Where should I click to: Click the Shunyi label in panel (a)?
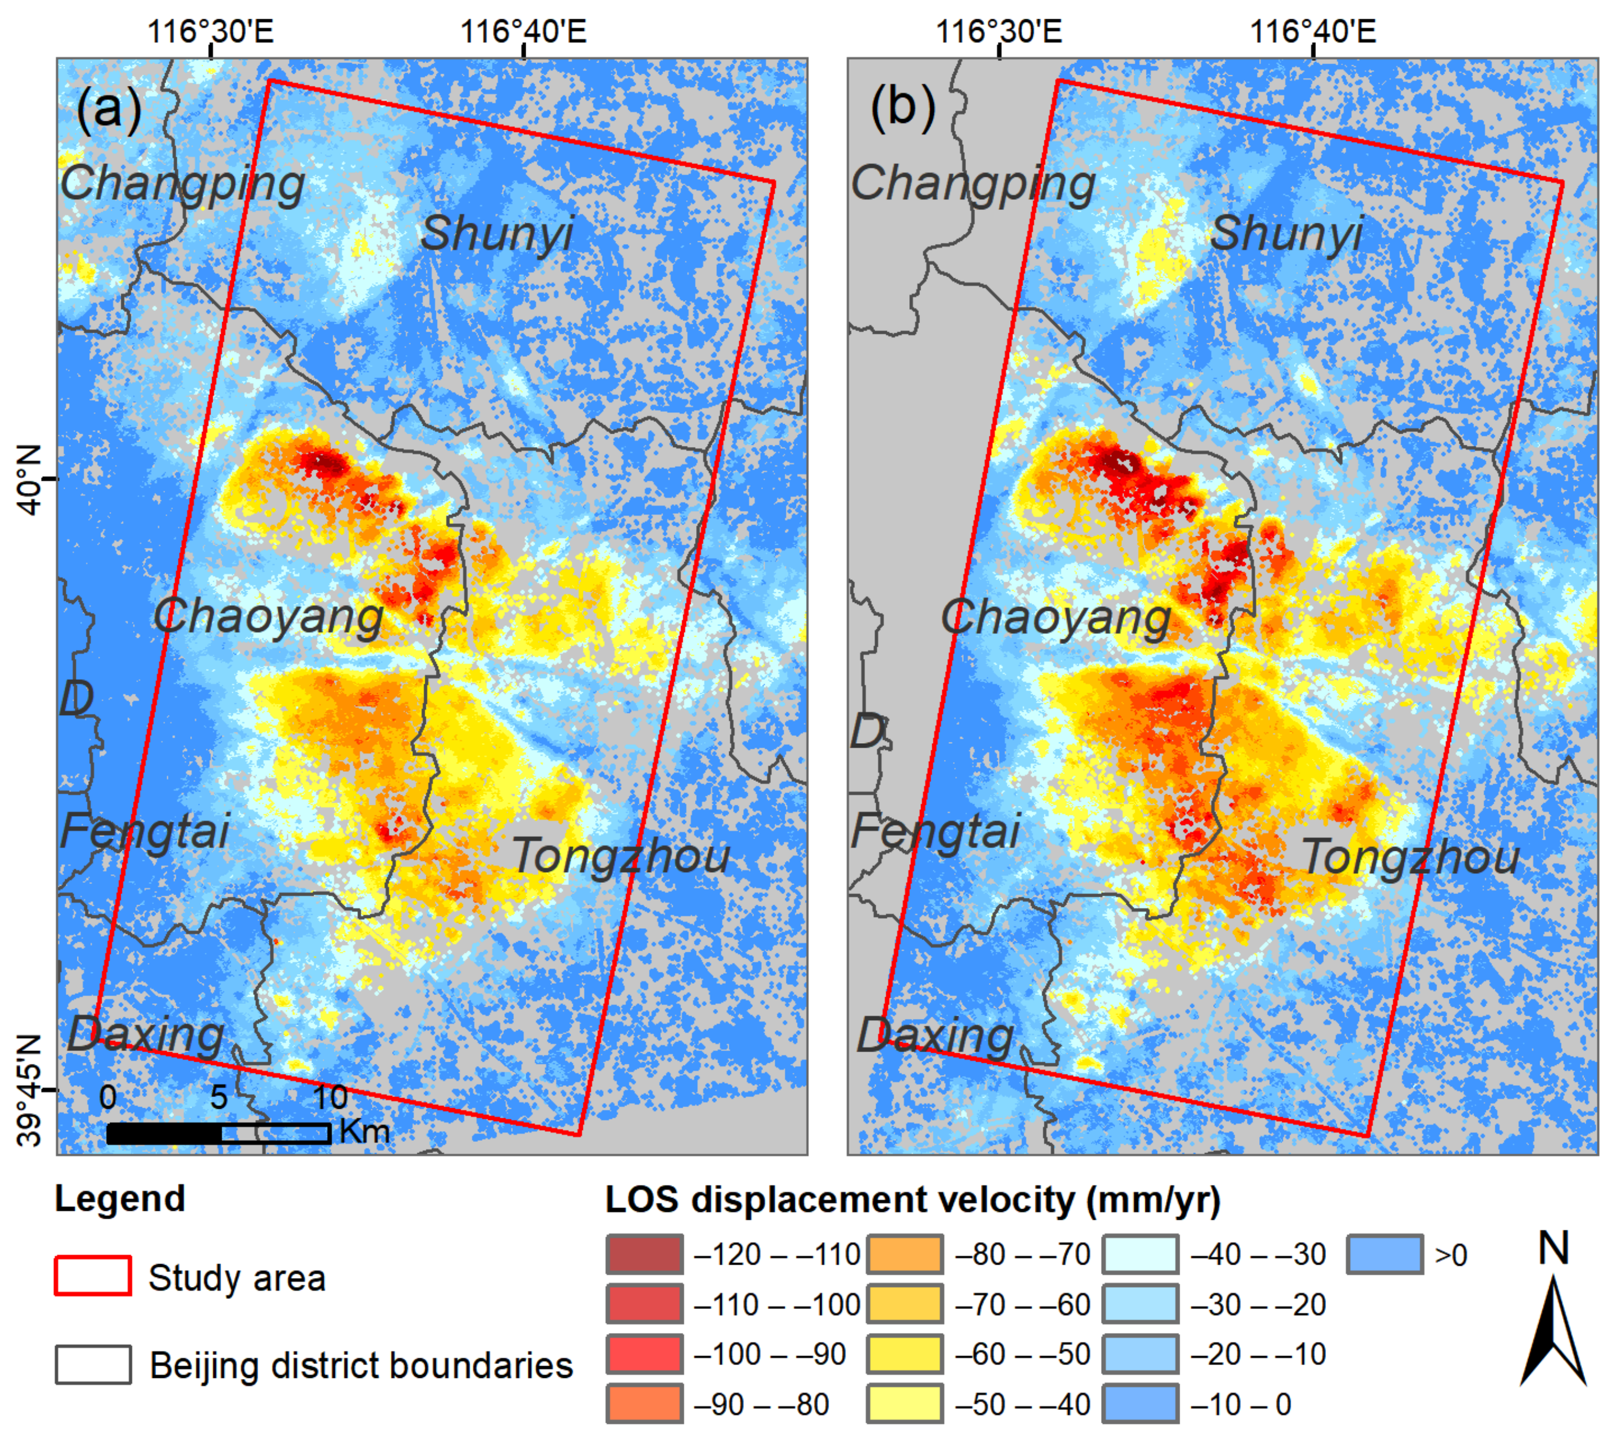(497, 234)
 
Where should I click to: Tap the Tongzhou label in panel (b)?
(1410, 857)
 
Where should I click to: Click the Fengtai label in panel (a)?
(144, 831)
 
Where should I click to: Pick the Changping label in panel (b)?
(973, 184)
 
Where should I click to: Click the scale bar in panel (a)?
(218, 1133)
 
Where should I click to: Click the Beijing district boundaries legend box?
(93, 1365)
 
